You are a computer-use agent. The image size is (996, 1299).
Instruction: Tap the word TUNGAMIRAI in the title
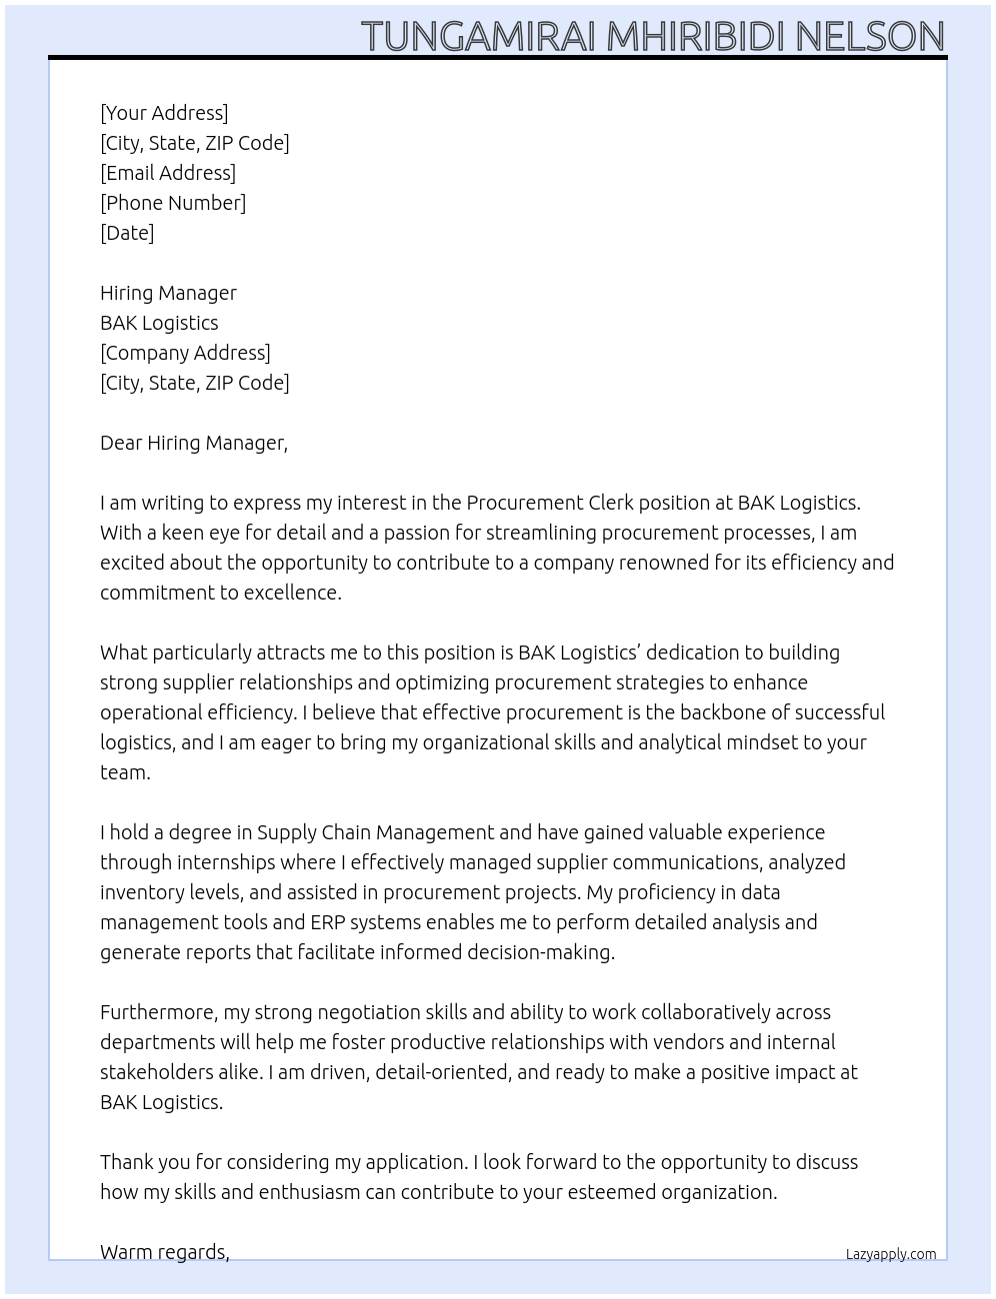pyautogui.click(x=478, y=36)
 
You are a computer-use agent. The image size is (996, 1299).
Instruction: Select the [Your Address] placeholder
pyautogui.click(x=164, y=113)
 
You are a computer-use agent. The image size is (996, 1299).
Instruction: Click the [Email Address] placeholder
pyautogui.click(x=168, y=173)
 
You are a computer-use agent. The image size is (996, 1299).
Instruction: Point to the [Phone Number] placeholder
pyautogui.click(x=173, y=203)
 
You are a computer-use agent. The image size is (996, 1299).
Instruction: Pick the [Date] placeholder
pyautogui.click(x=127, y=233)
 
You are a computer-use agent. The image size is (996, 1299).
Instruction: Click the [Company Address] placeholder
pyautogui.click(x=185, y=353)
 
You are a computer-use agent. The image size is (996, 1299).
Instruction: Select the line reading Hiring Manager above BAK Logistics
pyautogui.click(x=168, y=293)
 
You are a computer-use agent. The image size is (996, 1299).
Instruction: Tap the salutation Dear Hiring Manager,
pyautogui.click(x=194, y=443)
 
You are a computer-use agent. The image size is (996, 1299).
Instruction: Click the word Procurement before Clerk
pyautogui.click(x=524, y=503)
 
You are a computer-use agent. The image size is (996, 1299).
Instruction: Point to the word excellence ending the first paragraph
pyautogui.click(x=290, y=593)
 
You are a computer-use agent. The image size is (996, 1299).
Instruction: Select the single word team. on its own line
pyautogui.click(x=125, y=772)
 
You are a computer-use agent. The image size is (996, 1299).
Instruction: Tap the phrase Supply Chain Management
pyautogui.click(x=375, y=832)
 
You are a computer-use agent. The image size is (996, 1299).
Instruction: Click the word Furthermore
pyautogui.click(x=158, y=1012)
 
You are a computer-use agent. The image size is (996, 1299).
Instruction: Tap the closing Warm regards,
pyautogui.click(x=165, y=1252)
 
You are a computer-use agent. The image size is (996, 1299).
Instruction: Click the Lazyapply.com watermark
pyautogui.click(x=891, y=1254)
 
